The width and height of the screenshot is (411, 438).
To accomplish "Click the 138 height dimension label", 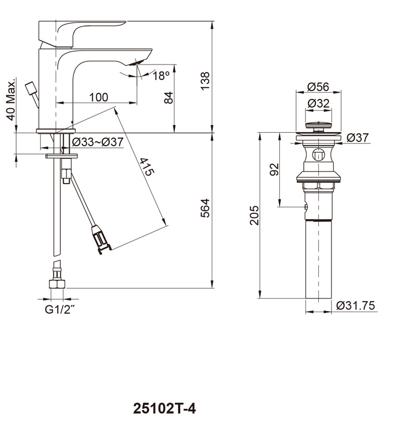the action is [x=205, y=81].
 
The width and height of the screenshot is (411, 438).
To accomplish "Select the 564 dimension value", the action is [x=205, y=208].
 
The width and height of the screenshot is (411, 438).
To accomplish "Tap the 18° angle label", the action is [x=161, y=75].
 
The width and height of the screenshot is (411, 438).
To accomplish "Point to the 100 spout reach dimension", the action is [x=99, y=97].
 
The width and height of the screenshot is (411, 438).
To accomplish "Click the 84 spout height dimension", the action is [x=169, y=98].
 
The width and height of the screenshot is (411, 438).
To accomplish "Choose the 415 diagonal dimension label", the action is [x=147, y=167].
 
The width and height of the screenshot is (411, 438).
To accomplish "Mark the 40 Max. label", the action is [x=10, y=100].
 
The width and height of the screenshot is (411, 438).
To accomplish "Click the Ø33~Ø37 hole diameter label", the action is [x=97, y=142].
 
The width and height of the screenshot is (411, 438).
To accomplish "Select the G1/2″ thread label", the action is [x=60, y=310].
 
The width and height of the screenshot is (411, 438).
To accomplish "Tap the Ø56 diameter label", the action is [x=318, y=87].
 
